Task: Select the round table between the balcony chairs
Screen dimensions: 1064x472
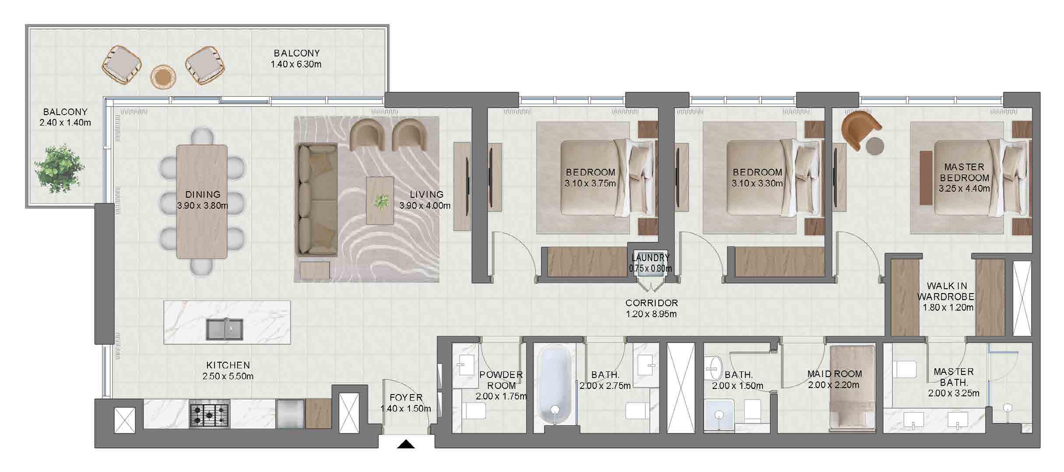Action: (x=163, y=77)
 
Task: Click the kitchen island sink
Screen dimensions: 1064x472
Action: (x=224, y=329)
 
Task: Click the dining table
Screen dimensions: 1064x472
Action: (x=202, y=202)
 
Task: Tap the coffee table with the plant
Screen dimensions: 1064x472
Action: (x=380, y=200)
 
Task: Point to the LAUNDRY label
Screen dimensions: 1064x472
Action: (x=650, y=258)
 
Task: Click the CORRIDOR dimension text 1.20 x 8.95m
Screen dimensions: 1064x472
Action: (x=651, y=314)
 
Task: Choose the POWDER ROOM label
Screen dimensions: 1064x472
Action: (x=501, y=380)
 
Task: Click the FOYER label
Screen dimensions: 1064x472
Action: (x=406, y=398)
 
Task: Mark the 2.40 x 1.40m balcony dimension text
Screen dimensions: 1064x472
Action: (x=65, y=123)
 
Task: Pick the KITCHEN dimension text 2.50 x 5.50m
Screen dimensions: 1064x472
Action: (x=228, y=376)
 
